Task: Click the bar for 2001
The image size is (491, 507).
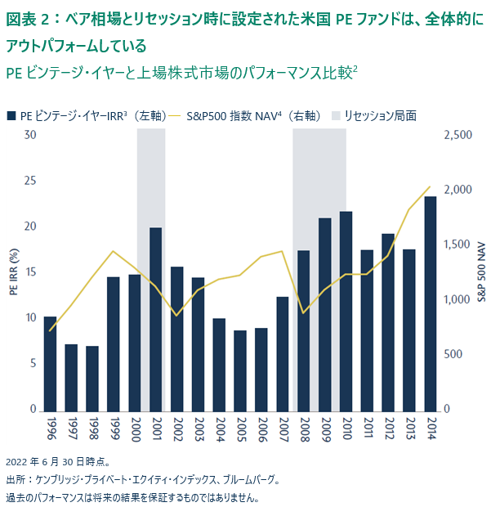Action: (155, 319)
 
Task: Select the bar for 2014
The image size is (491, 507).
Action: (430, 303)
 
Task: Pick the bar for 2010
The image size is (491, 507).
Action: (346, 311)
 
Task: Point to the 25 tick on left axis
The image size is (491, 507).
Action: (30, 181)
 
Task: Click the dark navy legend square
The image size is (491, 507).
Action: (10, 116)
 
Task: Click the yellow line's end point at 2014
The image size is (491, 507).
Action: (430, 186)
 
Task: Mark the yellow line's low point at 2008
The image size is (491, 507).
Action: (304, 313)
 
